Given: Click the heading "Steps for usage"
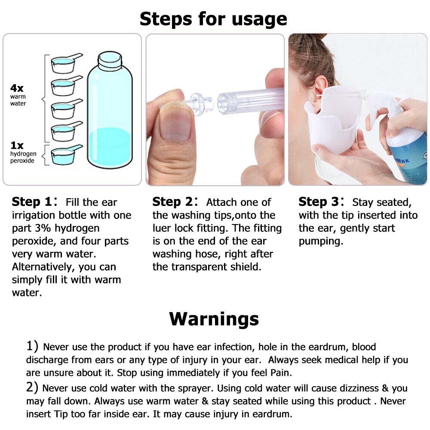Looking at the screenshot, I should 213,19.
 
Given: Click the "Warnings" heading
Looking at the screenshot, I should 214,319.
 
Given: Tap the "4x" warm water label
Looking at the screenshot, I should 17,88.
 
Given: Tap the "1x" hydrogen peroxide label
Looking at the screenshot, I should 17,145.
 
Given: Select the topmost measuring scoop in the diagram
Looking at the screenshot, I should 64,64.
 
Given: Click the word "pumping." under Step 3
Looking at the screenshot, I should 321,241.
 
